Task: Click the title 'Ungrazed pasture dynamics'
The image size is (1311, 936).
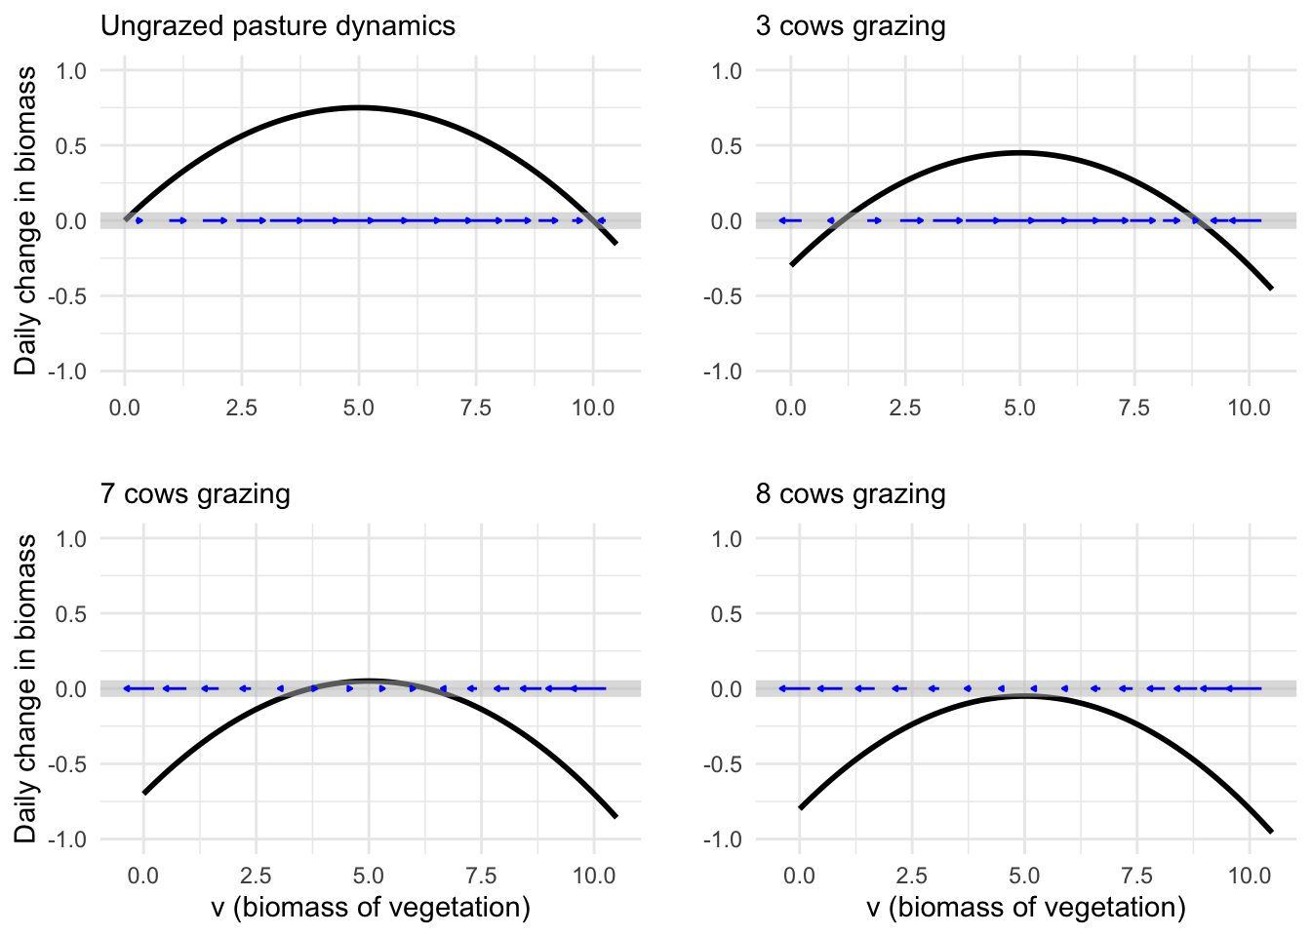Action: point(278,25)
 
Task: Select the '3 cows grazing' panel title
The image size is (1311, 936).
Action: point(851,25)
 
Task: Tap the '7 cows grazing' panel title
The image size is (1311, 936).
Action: point(195,493)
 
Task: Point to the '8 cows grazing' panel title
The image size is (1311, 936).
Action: point(851,493)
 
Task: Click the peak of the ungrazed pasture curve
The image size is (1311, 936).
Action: point(358,107)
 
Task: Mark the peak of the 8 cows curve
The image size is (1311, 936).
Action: point(1024,696)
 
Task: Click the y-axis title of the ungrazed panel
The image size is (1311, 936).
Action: point(26,220)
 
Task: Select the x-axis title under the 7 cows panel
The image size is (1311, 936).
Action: point(371,908)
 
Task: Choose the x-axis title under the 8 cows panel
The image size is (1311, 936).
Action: point(1026,908)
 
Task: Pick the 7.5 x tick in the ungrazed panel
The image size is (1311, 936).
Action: point(475,407)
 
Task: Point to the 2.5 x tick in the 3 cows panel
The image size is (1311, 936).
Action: point(905,407)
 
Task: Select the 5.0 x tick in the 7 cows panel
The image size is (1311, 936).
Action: point(369,875)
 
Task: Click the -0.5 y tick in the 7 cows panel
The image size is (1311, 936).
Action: point(69,763)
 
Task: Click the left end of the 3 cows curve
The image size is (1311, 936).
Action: point(791,265)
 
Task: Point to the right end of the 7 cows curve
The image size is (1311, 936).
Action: point(616,817)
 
